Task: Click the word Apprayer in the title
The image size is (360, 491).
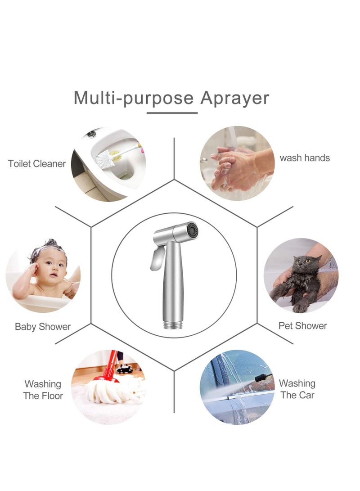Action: (x=234, y=98)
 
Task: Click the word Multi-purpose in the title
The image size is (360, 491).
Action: (x=133, y=98)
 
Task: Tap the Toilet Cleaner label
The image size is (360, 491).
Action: (x=37, y=164)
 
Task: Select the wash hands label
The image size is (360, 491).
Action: (x=305, y=158)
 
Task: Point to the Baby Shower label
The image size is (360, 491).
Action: (x=43, y=327)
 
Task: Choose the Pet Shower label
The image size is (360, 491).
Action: (x=302, y=325)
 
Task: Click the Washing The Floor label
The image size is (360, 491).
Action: (x=43, y=390)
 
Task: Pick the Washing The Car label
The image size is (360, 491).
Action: (x=297, y=389)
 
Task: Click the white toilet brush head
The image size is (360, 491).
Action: (x=104, y=157)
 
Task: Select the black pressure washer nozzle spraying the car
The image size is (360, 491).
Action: (x=263, y=377)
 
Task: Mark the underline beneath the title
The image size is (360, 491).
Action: (x=172, y=113)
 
